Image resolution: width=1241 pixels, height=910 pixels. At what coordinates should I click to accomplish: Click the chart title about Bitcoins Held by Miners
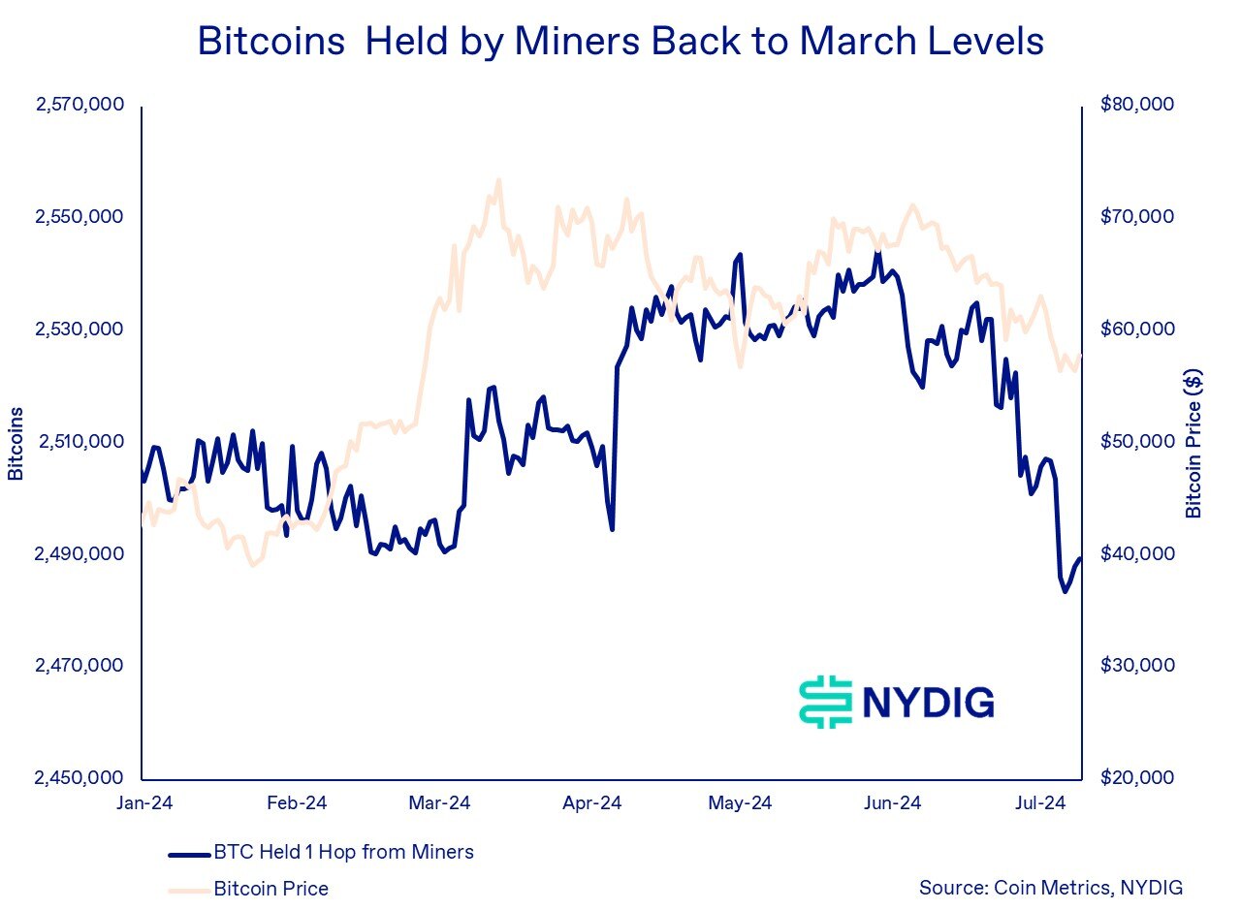click(620, 43)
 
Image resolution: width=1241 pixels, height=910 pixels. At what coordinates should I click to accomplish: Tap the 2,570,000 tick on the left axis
click(80, 105)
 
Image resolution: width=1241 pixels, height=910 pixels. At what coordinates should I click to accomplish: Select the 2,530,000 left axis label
click(80, 329)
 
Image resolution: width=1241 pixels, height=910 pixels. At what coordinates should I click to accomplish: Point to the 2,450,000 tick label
click(80, 778)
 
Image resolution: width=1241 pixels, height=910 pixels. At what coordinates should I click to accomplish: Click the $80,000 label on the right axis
click(1137, 105)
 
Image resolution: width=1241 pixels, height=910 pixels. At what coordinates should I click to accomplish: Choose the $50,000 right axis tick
click(1137, 442)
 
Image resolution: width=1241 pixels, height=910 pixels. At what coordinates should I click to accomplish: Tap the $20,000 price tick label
click(1137, 778)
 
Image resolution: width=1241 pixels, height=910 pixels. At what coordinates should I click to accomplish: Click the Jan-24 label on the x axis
click(143, 803)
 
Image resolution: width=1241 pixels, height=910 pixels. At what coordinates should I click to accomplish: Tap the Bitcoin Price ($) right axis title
click(1193, 443)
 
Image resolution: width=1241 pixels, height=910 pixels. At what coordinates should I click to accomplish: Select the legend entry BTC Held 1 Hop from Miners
click(343, 853)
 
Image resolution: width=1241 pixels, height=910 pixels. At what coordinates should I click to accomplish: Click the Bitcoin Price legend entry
click(270, 888)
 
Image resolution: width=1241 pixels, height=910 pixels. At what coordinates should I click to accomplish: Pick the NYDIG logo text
click(927, 702)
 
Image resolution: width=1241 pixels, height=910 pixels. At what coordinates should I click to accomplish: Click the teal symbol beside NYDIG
click(824, 702)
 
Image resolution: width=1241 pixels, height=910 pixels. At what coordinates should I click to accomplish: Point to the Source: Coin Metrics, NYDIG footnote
click(1051, 888)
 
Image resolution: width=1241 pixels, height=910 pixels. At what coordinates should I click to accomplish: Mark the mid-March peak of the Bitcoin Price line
click(498, 180)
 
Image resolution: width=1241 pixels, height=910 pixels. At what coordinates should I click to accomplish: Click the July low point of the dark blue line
click(1066, 591)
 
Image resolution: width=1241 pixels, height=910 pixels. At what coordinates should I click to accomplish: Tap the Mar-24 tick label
click(440, 803)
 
